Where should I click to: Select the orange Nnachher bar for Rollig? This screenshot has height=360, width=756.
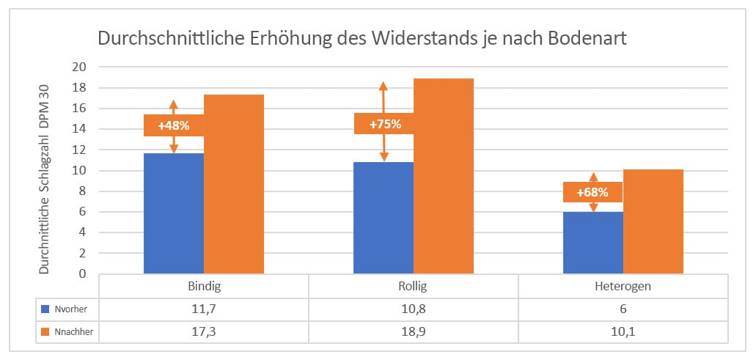pos(444,176)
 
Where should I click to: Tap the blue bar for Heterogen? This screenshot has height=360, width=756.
pos(593,243)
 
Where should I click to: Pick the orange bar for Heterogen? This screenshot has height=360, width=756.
pos(653,221)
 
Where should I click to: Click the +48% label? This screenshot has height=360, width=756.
pos(173,125)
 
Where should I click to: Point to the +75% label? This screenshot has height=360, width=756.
pos(384,123)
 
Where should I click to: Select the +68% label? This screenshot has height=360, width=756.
pos(593,192)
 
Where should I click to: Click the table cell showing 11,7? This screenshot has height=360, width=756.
pos(203,308)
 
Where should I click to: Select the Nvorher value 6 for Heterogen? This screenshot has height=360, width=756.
pos(623,308)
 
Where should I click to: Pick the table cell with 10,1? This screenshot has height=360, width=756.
pos(623,332)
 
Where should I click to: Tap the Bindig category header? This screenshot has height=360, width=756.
pos(203,284)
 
